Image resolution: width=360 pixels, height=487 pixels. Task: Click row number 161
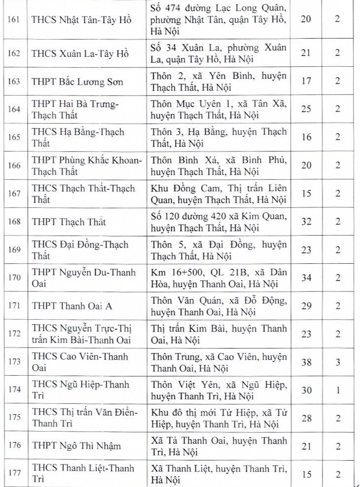click(14, 20)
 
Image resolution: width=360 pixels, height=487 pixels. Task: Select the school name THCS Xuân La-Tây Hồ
click(80, 53)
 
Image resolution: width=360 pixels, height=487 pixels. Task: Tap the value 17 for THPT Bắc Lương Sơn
click(306, 81)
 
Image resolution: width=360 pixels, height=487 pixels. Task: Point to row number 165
click(14, 137)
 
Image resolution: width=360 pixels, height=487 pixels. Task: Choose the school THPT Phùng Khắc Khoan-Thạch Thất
click(87, 165)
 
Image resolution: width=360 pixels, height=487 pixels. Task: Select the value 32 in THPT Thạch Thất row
click(306, 221)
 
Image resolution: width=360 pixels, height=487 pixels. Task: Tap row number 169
click(14, 249)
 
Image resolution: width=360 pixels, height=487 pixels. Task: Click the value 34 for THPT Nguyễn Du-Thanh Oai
click(306, 278)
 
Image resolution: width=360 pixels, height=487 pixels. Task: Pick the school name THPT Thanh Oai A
click(72, 306)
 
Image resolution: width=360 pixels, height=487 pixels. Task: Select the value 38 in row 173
click(306, 362)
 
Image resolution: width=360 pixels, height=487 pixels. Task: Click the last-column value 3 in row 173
click(338, 362)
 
